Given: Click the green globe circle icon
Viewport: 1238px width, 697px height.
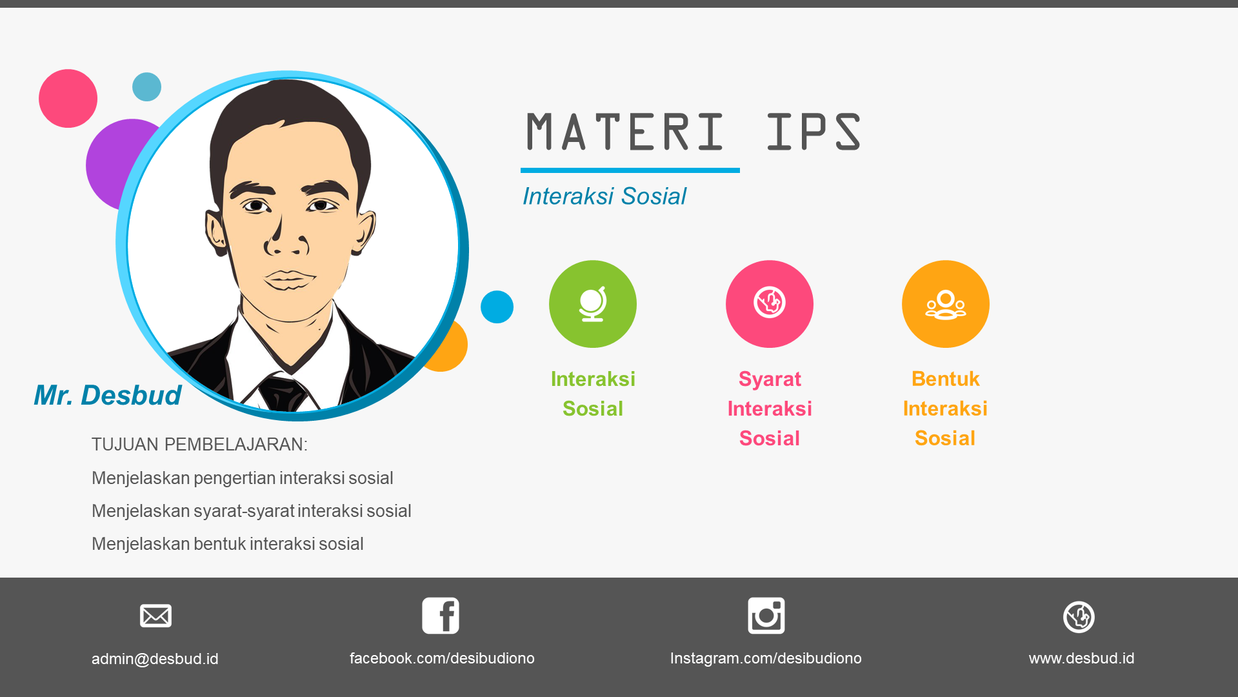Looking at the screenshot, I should [592, 304].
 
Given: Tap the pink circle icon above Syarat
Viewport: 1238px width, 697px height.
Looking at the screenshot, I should [769, 304].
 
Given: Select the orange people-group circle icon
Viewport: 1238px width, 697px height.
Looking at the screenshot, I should [945, 304].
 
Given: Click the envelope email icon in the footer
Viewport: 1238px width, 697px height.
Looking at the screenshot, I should [155, 616].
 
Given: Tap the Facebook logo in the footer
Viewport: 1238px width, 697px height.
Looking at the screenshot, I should [441, 615].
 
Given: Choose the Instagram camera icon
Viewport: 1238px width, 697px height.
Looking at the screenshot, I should [766, 615].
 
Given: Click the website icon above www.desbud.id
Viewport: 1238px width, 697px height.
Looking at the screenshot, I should [1079, 617].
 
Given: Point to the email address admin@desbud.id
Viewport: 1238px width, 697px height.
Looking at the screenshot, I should [155, 659].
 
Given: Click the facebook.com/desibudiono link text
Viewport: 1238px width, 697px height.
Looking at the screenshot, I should [442, 658].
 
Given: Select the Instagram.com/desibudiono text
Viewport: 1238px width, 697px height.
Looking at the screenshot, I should [766, 658].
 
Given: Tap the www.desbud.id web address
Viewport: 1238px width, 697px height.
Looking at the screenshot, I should [1081, 658].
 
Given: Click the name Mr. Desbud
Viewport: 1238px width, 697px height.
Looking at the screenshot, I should [108, 395].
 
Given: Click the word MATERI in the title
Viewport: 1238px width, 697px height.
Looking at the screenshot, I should [625, 132].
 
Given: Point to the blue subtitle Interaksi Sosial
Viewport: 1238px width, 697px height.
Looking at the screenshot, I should [604, 196].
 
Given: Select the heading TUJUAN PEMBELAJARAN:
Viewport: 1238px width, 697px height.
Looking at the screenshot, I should [199, 445].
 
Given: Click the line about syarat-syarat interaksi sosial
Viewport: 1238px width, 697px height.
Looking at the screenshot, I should [251, 511].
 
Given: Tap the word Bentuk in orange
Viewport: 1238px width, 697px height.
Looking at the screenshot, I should [945, 379].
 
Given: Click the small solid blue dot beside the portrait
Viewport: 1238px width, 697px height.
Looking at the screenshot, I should [497, 307].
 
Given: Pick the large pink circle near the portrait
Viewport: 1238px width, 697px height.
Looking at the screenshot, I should [68, 99].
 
